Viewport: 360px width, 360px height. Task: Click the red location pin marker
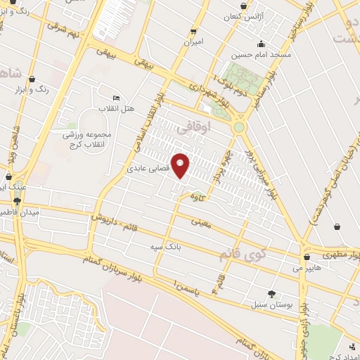(181, 165)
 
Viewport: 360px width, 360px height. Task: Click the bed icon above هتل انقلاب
(116, 98)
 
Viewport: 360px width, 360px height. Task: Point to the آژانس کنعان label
(243, 15)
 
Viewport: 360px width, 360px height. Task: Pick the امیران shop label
(193, 42)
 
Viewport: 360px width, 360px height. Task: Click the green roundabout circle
(240, 128)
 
